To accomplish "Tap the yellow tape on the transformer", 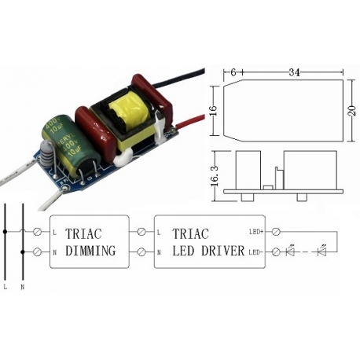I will (x=126, y=118).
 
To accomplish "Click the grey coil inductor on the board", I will (x=46, y=149).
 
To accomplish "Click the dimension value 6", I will (x=234, y=72).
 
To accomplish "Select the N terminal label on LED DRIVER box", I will (x=160, y=252).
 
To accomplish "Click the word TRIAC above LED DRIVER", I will (x=192, y=233).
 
